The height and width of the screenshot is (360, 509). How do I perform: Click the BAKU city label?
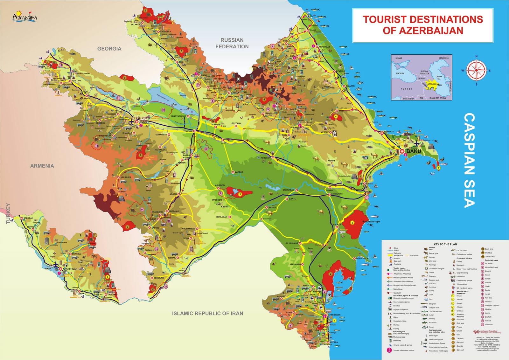(x=414, y=151)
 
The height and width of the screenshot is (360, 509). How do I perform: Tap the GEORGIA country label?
(x=109, y=49)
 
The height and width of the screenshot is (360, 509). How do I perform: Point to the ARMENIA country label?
(x=42, y=166)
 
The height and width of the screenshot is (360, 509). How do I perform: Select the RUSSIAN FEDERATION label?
(x=232, y=43)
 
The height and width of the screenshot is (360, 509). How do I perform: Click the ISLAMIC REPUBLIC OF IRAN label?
(x=207, y=313)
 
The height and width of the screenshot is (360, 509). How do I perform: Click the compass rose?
(x=476, y=70)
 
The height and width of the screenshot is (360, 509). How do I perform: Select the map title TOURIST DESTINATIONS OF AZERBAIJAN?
(x=423, y=25)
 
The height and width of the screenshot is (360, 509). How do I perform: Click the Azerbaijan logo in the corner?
(x=24, y=16)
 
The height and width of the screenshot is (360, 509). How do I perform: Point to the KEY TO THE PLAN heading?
(x=445, y=244)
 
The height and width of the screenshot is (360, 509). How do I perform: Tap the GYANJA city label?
(x=143, y=122)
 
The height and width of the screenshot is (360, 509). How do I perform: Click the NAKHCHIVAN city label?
(x=70, y=269)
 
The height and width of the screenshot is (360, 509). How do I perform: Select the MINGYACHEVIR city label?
(x=178, y=116)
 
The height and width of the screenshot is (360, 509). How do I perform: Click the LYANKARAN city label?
(x=334, y=315)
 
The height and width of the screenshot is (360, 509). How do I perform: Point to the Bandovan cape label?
(x=371, y=222)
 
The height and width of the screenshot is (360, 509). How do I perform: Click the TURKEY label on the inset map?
(x=406, y=89)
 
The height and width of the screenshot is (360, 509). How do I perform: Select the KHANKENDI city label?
(x=157, y=212)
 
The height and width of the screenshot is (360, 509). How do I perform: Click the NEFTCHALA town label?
(x=362, y=259)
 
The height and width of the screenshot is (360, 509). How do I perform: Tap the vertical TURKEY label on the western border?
(x=9, y=213)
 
